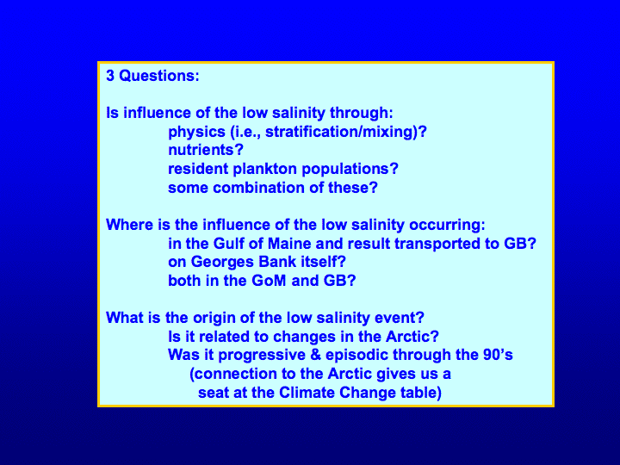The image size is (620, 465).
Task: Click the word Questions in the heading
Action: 159,76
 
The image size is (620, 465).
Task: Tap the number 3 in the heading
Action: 110,76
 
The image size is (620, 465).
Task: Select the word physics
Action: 196,132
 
